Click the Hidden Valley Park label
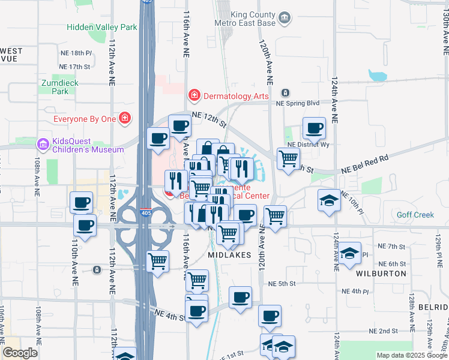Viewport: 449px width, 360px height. [x=101, y=27]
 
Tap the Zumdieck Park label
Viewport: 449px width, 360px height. [x=55, y=87]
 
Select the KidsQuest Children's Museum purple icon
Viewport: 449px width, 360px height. [x=43, y=145]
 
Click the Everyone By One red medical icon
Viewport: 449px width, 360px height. [x=125, y=119]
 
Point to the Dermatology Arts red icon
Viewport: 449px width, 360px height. [x=194, y=95]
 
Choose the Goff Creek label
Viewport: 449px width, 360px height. [x=415, y=215]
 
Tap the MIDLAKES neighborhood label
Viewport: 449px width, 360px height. [x=228, y=255]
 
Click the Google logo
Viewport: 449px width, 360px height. [x=20, y=353]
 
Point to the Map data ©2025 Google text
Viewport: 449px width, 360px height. [x=412, y=355]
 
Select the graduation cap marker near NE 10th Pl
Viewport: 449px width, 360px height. [x=329, y=200]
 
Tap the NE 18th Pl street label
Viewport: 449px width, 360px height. [x=76, y=53]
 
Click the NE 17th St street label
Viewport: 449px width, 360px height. [x=75, y=67]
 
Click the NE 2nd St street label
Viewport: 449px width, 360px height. [x=384, y=331]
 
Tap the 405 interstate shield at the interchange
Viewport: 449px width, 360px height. [x=144, y=212]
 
